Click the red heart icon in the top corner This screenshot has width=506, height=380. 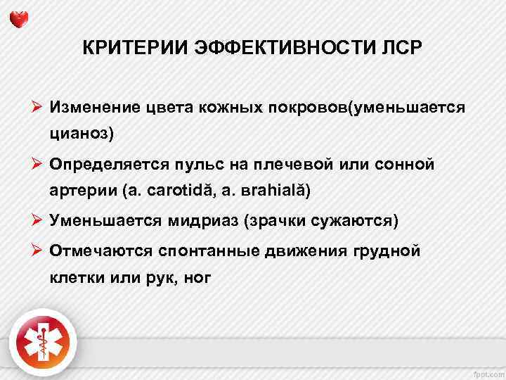(x=20, y=18)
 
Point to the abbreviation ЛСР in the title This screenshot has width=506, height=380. (x=398, y=49)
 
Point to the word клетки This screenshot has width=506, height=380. (x=75, y=277)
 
